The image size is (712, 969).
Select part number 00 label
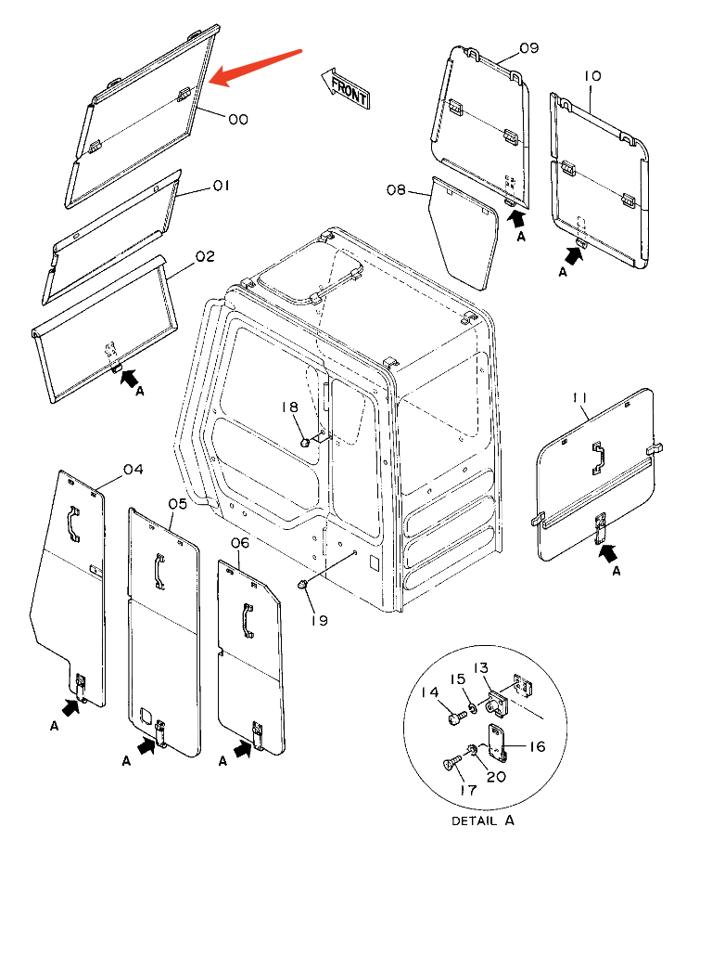237,119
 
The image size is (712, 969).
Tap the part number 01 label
221,187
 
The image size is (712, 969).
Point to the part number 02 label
204,256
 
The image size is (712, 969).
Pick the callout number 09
528,48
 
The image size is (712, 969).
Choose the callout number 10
592,75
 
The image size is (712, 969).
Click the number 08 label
396,190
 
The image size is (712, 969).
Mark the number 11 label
580,398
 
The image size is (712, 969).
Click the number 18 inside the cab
289,407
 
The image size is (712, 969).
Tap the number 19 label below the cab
318,620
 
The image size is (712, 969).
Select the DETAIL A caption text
482,820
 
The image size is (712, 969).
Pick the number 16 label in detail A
537,746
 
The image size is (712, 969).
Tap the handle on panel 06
247,620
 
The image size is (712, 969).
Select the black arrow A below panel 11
611,553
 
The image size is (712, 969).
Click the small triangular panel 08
465,232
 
